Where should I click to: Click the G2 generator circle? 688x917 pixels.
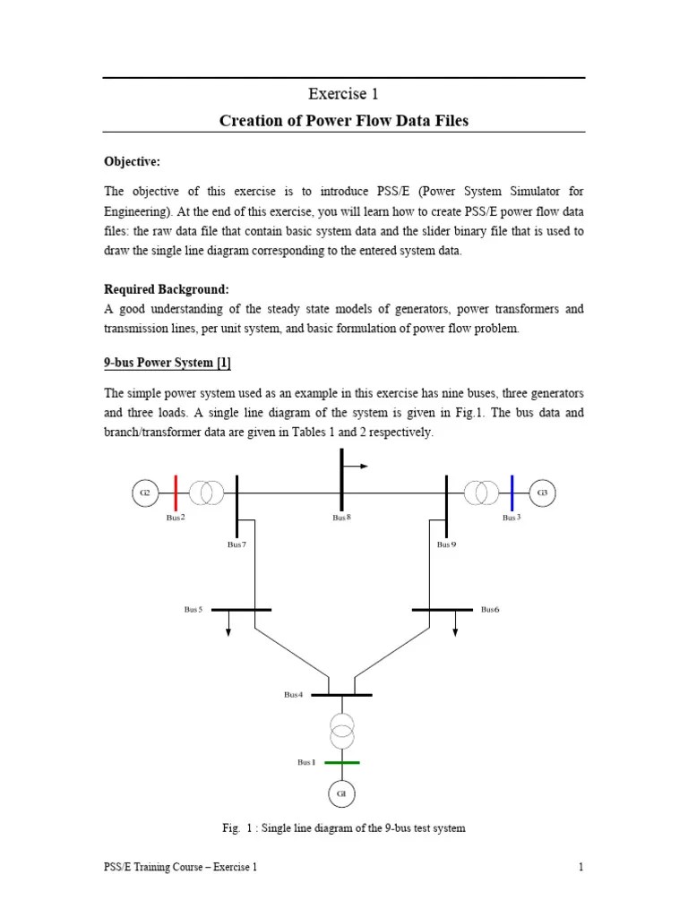(143, 492)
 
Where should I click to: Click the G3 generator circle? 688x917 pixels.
(542, 492)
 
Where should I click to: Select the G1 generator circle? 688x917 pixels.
(341, 793)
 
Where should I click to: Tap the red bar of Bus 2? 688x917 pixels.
(176, 492)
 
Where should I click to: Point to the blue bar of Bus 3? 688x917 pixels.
(511, 492)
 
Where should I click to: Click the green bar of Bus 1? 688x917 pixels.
(341, 763)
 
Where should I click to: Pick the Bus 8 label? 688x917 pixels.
(341, 518)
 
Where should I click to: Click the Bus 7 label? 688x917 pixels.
(236, 544)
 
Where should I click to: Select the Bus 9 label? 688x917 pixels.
(446, 544)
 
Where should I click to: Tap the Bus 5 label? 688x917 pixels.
(193, 609)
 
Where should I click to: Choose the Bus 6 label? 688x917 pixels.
(490, 609)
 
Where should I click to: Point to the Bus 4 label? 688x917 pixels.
(294, 694)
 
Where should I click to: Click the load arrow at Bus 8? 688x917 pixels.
(357, 466)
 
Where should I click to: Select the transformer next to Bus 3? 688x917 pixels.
(481, 492)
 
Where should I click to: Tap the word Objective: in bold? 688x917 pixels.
(133, 161)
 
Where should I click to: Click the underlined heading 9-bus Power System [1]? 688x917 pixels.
(168, 364)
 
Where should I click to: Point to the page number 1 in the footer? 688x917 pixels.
(581, 867)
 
